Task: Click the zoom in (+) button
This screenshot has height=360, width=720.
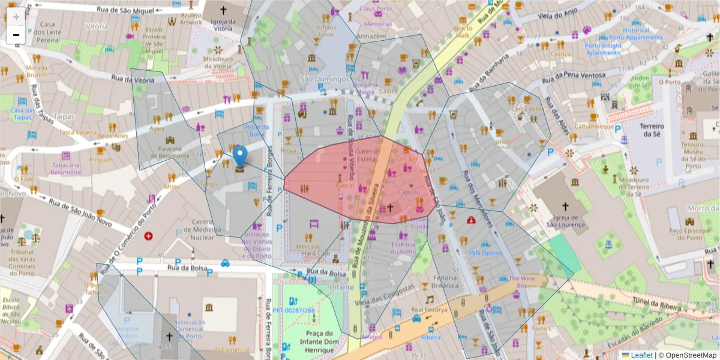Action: pos(16,16)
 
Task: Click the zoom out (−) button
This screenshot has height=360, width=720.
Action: pos(16,35)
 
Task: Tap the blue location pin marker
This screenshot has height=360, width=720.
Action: pos(240,157)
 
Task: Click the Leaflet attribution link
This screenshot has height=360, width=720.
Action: pos(641,355)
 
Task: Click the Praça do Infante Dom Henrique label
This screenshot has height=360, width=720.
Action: pos(319,341)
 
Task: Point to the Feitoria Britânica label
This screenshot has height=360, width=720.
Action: pos(444,283)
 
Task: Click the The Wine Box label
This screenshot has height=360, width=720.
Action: pos(522,281)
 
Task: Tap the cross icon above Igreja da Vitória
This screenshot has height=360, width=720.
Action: pos(223,10)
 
